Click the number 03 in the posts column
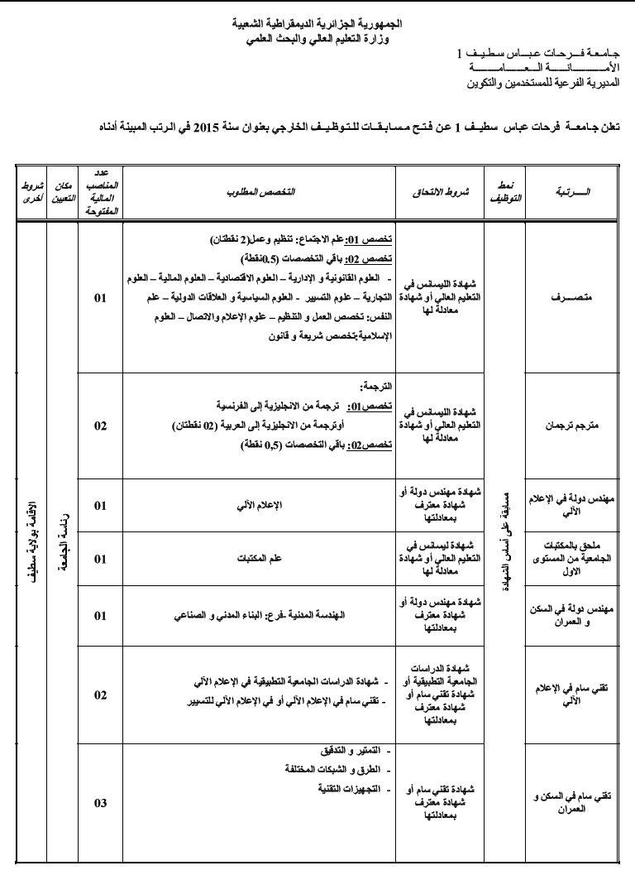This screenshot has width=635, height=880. pyautogui.click(x=100, y=803)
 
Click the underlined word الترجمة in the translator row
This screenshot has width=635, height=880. pyautogui.click(x=379, y=387)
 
